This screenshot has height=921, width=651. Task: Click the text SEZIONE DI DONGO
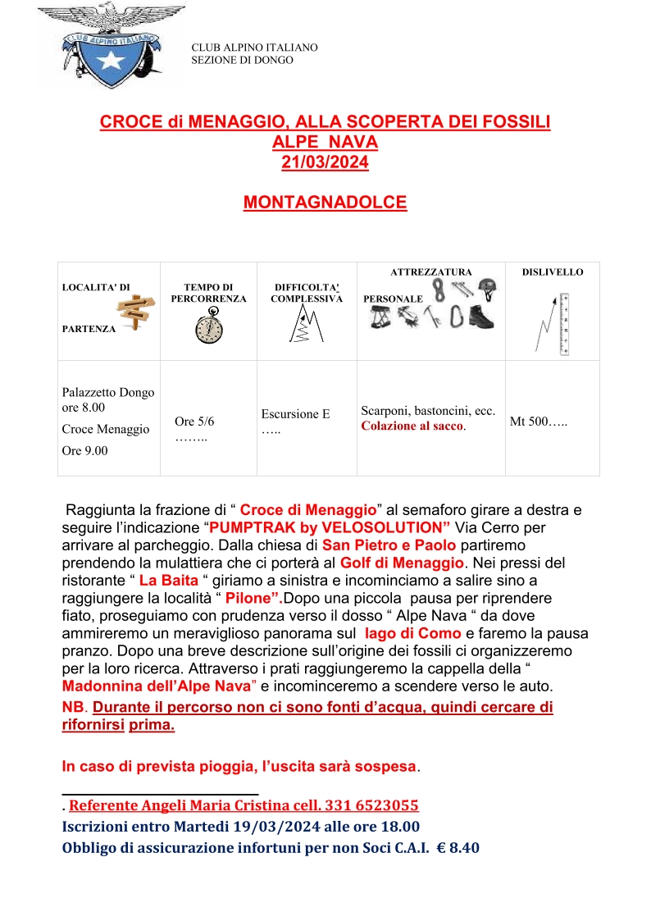tap(242, 60)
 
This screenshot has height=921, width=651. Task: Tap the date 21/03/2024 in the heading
tap(325, 162)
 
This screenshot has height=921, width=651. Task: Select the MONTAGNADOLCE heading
tap(325, 202)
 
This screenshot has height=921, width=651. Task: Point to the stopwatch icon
tap(208, 329)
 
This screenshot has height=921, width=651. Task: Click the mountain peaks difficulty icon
tap(306, 325)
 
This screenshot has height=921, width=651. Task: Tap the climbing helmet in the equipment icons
tap(487, 287)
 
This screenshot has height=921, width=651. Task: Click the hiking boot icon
tap(485, 317)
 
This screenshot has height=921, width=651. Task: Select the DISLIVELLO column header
tap(553, 271)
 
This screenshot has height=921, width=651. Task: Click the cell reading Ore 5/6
tap(194, 422)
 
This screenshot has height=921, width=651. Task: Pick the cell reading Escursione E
tap(295, 414)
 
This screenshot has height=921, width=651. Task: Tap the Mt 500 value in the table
tap(539, 422)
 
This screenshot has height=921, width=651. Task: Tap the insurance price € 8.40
tap(459, 848)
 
